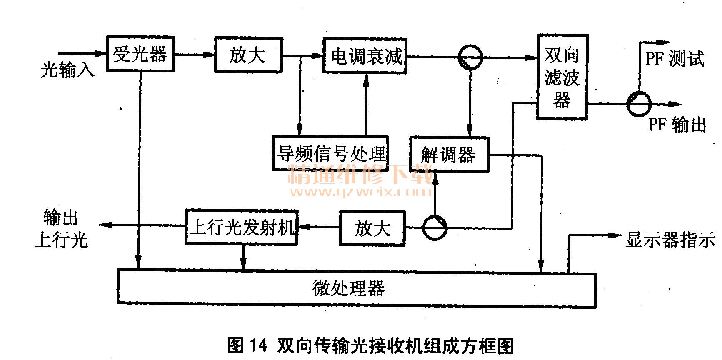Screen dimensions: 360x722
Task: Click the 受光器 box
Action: point(140,54)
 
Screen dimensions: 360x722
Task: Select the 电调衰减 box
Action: point(365,56)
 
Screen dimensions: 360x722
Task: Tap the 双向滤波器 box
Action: point(562,77)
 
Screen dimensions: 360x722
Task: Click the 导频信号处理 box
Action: point(330,153)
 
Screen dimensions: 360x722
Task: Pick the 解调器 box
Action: point(449,155)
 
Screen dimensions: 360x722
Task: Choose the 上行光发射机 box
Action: point(241,227)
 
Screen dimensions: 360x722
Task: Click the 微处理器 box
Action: point(357,289)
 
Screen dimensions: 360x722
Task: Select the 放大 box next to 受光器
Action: point(248,55)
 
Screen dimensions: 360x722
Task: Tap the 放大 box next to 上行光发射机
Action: point(372,228)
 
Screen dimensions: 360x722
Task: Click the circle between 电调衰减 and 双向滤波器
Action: point(470,57)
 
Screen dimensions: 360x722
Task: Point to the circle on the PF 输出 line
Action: point(639,104)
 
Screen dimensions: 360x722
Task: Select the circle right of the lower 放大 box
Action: point(435,228)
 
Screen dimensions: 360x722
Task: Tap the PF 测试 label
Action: point(675,59)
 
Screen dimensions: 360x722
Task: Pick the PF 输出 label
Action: point(677,125)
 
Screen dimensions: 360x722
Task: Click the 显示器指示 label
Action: point(670,240)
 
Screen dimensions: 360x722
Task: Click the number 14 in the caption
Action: point(258,345)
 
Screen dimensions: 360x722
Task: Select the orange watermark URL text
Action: point(361,192)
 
